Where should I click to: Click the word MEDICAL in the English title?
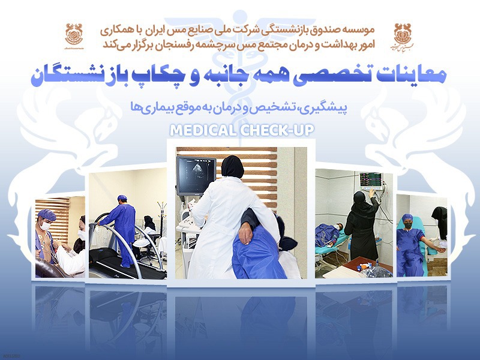203,130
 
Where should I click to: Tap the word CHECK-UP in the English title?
277,130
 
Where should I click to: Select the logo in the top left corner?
74,36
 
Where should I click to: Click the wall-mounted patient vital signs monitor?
371,179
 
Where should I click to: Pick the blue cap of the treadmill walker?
122,197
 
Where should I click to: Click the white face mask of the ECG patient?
46,226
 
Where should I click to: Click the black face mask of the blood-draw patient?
409,225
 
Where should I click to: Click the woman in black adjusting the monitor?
363,224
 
